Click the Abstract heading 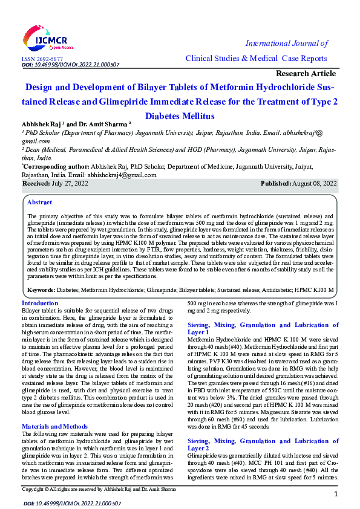pyautogui.click(x=40, y=203)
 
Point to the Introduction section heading pyautogui.click(x=40, y=303)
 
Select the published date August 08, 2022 pyautogui.click(x=313, y=183)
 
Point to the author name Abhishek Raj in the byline pyautogui.click(x=41, y=123)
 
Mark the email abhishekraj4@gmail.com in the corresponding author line pyautogui.click(x=122, y=175)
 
